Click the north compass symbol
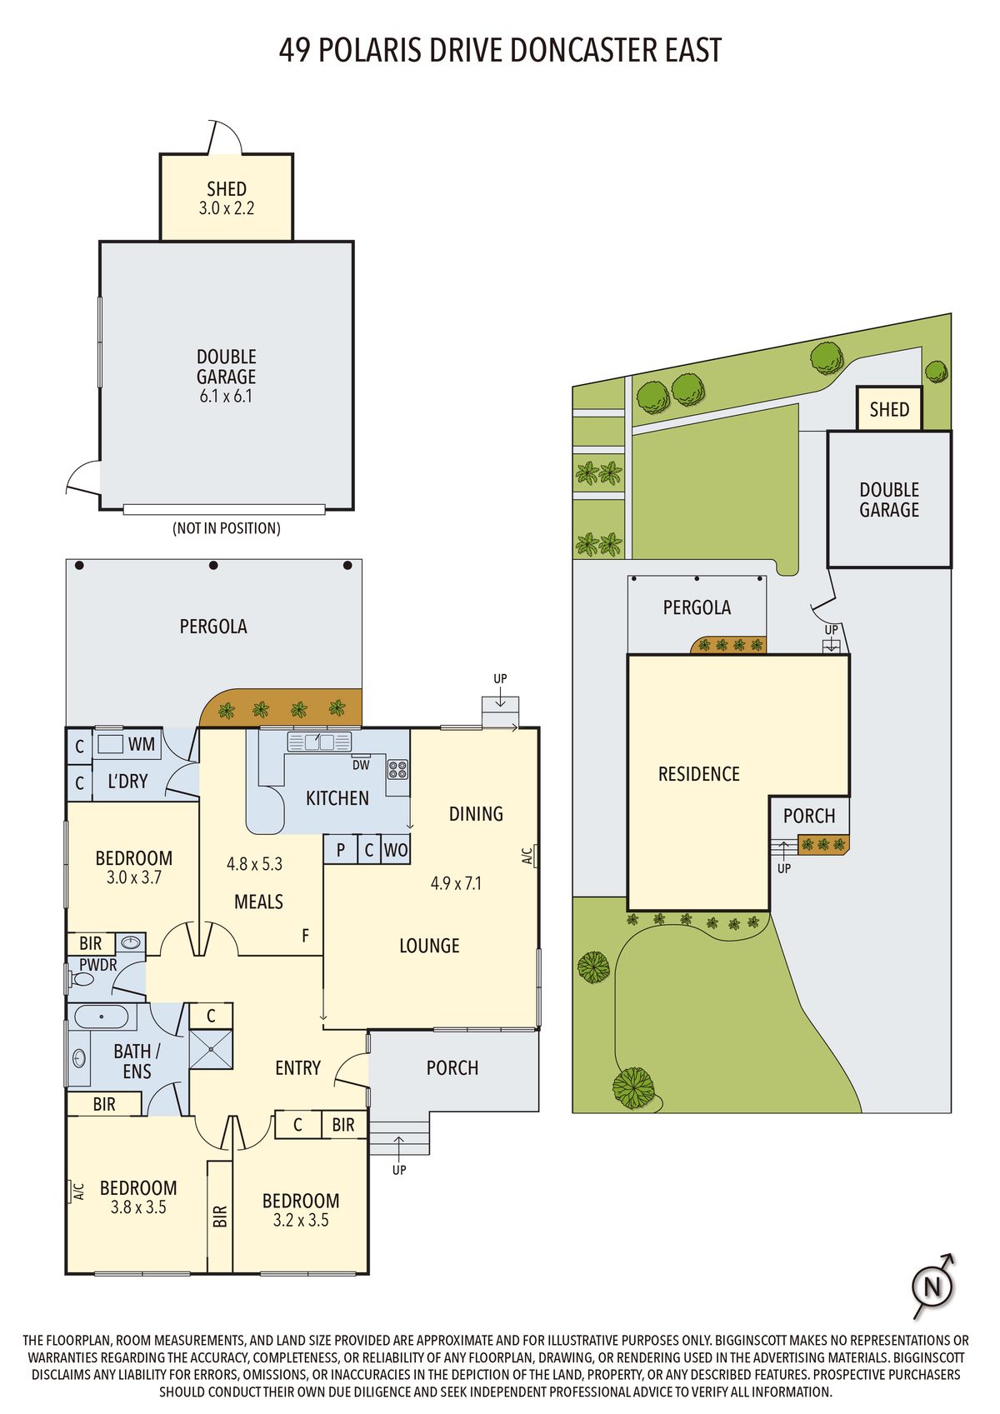coord(933,1286)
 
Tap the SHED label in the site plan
coord(889,410)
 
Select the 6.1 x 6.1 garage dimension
coord(226,397)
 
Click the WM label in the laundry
coord(142,744)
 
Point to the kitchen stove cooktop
coord(397,769)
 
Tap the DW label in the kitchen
coord(361,765)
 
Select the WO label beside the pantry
coord(396,850)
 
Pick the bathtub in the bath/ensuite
coord(102,1017)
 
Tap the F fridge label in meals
coord(306,935)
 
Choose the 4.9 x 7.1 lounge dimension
coord(456,883)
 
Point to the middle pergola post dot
coord(213,565)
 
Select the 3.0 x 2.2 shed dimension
coord(227,208)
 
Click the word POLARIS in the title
coord(370,50)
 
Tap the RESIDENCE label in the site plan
coord(699,774)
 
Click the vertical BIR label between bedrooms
coord(219,1217)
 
